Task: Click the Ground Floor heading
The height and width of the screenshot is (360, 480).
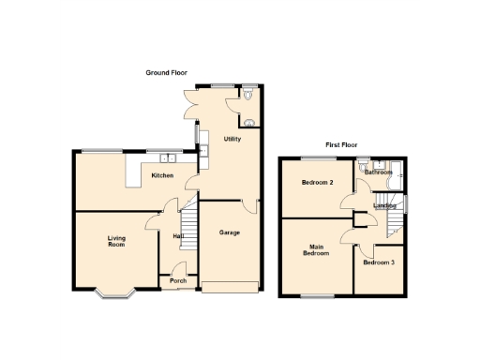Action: click(x=166, y=72)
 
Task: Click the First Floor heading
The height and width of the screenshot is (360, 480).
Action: click(x=344, y=145)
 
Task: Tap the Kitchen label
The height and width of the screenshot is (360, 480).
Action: click(x=163, y=175)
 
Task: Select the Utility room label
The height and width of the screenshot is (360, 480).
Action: click(x=232, y=139)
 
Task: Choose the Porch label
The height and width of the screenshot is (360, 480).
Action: click(x=178, y=280)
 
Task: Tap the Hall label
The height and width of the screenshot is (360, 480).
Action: click(x=177, y=236)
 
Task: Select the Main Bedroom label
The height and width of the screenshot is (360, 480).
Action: click(x=315, y=249)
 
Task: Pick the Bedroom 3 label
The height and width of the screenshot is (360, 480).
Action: click(x=379, y=262)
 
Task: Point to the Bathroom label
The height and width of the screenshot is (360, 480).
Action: click(x=378, y=172)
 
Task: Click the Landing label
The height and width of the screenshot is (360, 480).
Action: click(x=384, y=205)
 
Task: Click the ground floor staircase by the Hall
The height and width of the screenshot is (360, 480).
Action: click(x=188, y=228)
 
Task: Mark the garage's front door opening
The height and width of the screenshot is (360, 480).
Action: click(x=231, y=286)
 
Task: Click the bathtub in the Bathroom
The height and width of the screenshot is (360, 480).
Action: click(x=398, y=175)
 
